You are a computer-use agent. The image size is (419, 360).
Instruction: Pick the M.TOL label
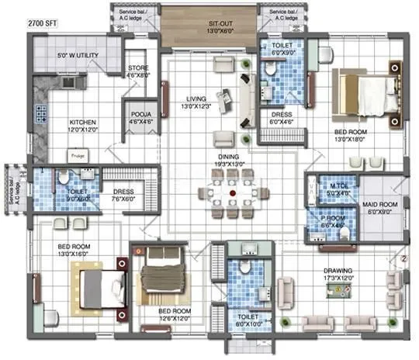337,186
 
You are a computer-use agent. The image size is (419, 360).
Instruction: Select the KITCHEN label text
83,123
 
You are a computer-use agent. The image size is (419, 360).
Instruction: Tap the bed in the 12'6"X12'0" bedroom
161,279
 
